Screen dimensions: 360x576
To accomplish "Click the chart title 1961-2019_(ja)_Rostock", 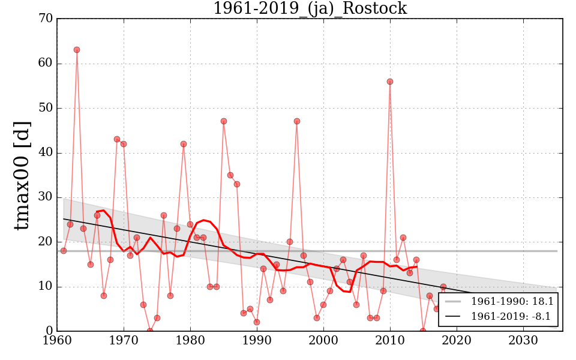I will coord(310,8).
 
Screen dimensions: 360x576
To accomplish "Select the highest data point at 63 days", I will coord(77,50).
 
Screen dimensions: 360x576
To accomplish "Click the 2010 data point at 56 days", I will coord(390,82).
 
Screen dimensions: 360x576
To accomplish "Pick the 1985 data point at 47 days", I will coord(224,121).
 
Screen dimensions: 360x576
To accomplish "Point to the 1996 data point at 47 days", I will coord(297,121).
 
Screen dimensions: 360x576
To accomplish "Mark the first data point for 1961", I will coord(64,251).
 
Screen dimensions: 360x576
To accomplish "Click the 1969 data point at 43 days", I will coord(117,139).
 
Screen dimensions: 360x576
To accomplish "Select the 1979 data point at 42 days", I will coord(184,144).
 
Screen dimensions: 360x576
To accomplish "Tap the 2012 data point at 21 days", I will coord(403,238).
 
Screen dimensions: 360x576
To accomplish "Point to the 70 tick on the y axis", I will coord(46,19).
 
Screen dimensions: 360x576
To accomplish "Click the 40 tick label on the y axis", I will coord(46,152).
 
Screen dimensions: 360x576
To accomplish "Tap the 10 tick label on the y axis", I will coord(46,286).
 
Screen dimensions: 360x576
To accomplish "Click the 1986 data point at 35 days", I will coord(230,175).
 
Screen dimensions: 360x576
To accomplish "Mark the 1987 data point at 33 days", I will coord(237,184).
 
